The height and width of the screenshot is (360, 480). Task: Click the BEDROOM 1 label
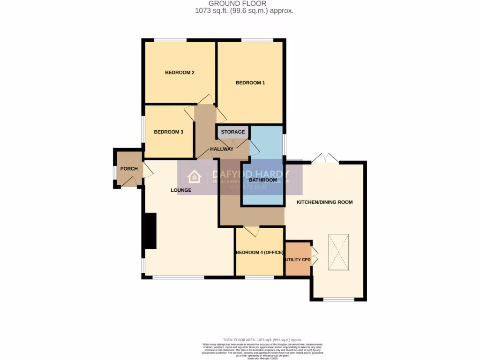pyautogui.click(x=250, y=83)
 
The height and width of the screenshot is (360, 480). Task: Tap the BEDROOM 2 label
pyautogui.click(x=180, y=73)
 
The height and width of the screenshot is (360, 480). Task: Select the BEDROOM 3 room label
pyautogui.click(x=168, y=132)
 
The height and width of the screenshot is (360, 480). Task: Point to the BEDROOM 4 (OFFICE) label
pyautogui.click(x=260, y=253)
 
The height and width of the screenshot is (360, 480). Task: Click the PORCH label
pyautogui.click(x=129, y=169)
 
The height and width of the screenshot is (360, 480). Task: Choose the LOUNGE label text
pyautogui.click(x=181, y=190)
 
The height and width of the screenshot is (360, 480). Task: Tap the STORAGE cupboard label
pyautogui.click(x=233, y=132)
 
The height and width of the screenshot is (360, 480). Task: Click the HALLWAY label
pyautogui.click(x=222, y=149)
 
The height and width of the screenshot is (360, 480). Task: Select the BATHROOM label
pyautogui.click(x=262, y=180)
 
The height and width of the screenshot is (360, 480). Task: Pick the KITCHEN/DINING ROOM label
pyautogui.click(x=324, y=202)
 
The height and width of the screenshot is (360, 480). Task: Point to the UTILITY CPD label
pyautogui.click(x=298, y=259)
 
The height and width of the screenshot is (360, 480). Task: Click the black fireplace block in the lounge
pyautogui.click(x=150, y=231)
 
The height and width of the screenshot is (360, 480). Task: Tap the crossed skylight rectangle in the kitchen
pyautogui.click(x=338, y=252)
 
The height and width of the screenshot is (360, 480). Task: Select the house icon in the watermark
pyautogui.click(x=194, y=177)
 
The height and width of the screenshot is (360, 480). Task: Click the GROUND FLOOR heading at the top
pyautogui.click(x=240, y=4)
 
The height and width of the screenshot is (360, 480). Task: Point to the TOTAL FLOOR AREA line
pyautogui.click(x=262, y=339)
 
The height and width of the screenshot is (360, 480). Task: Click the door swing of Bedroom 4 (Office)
pyautogui.click(x=252, y=231)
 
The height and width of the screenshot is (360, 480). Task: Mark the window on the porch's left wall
pyautogui.click(x=114, y=172)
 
